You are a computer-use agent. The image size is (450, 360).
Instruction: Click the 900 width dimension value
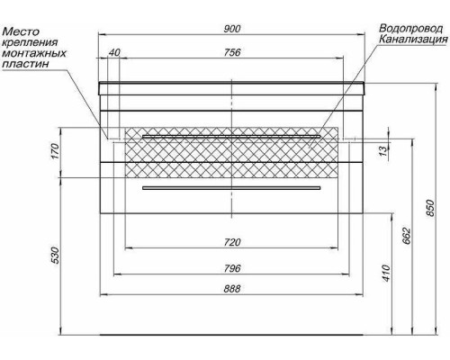232,29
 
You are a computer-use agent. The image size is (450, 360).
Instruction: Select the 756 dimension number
232,52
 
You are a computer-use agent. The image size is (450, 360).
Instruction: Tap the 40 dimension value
114,52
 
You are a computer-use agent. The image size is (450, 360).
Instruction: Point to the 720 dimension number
232,242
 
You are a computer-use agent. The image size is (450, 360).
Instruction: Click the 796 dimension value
232,268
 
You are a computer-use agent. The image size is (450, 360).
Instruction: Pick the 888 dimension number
232,289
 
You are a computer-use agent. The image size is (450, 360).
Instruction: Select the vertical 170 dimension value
55,151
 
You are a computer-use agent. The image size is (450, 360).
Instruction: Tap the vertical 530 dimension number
55,256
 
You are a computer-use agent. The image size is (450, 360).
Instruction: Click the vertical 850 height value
430,208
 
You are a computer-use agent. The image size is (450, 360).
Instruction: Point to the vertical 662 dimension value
406,236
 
